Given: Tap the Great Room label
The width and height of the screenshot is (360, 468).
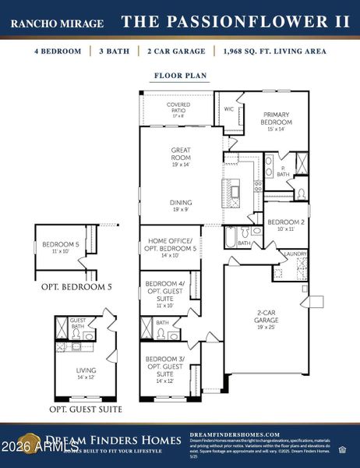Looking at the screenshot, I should point(181,154).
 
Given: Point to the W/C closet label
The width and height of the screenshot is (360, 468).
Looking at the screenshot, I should point(229,109).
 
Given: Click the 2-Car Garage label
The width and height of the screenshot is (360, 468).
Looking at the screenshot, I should point(267,319).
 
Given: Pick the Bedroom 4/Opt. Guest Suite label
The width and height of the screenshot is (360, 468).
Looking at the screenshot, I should point(164,289).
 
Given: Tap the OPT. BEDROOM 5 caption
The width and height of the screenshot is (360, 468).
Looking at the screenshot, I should point(76,287).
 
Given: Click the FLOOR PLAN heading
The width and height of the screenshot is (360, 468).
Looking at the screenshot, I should point(180,76).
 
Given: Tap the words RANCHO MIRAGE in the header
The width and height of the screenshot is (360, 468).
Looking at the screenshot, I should point(57,23).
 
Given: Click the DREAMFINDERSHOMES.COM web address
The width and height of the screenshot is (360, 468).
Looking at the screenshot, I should point(235,434).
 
